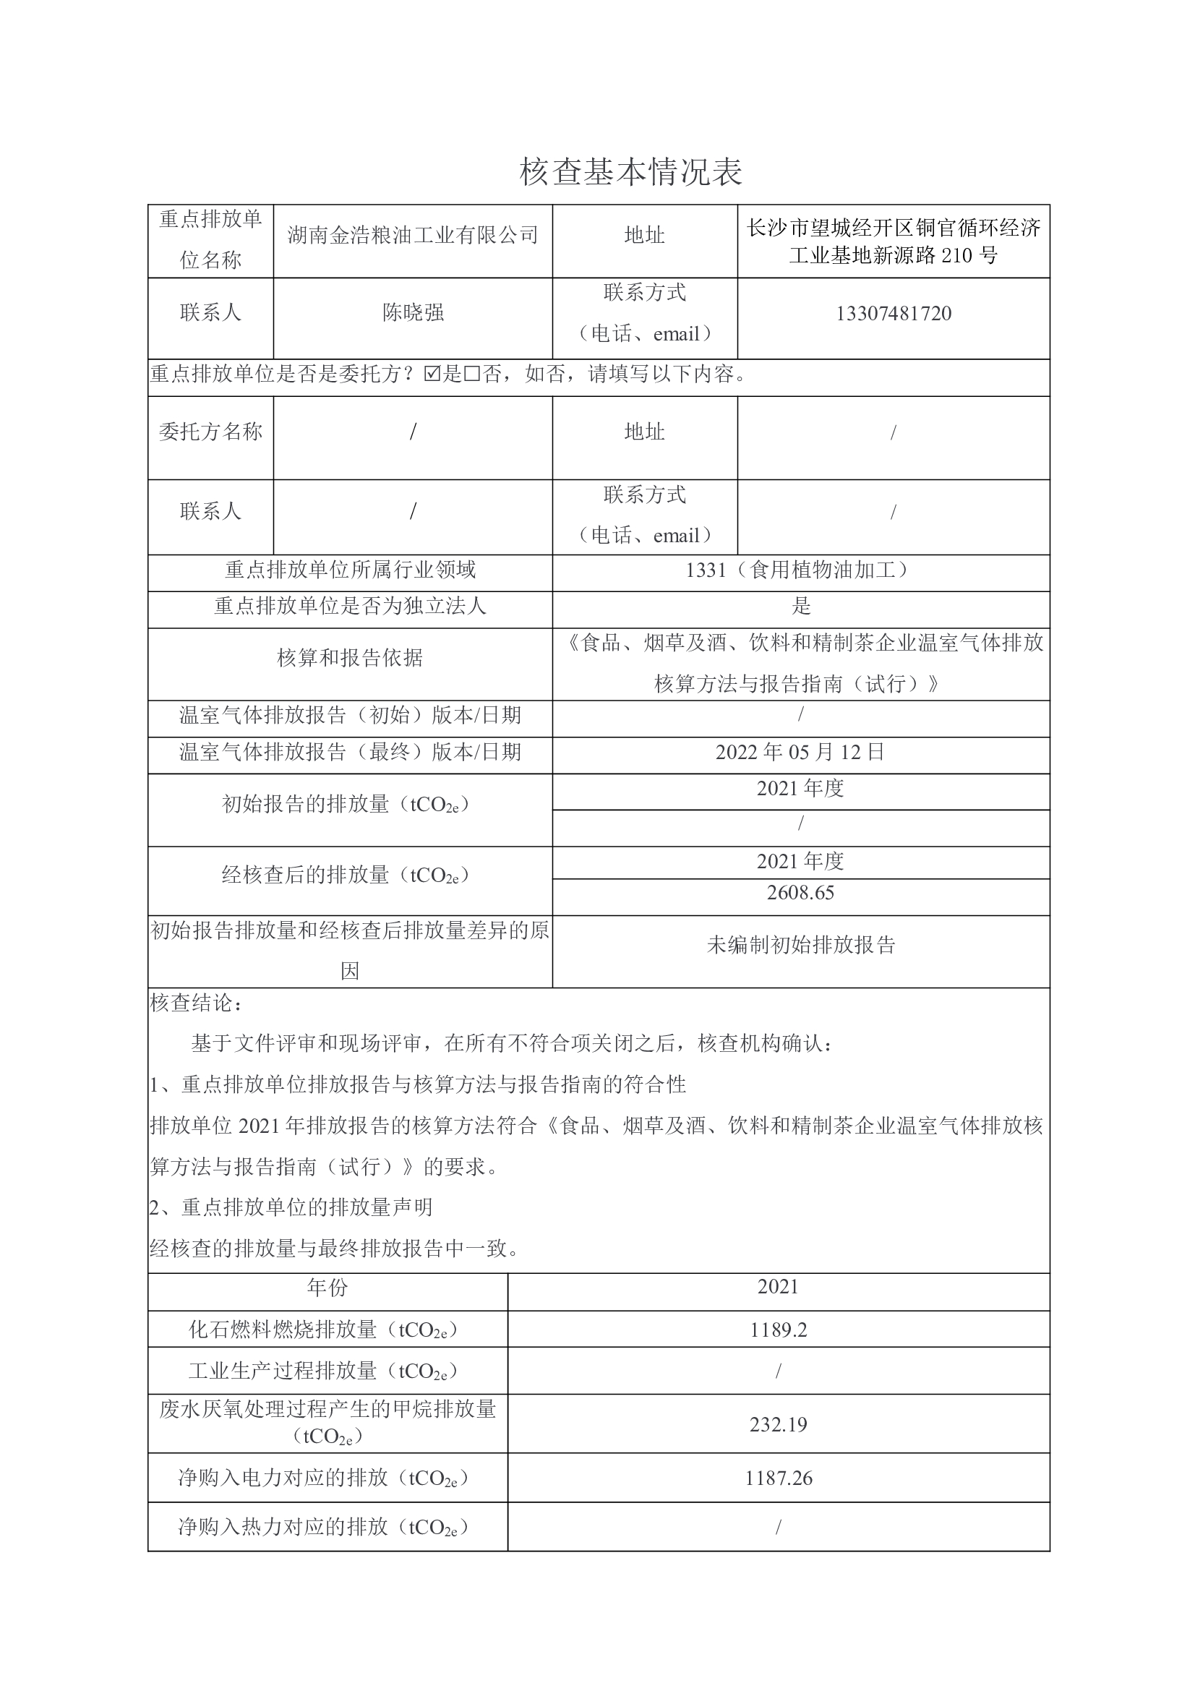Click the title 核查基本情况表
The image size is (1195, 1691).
pos(630,171)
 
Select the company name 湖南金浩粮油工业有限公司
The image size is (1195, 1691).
pos(412,236)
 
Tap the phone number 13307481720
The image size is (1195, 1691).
pos(893,314)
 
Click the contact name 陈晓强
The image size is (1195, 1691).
pos(412,313)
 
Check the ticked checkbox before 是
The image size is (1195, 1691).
pos(432,374)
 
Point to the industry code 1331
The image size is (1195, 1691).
pos(706,570)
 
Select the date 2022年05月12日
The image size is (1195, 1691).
pos(800,752)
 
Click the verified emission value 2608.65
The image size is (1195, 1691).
pos(800,893)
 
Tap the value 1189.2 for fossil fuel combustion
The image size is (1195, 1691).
pos(779,1330)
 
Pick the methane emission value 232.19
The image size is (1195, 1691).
pos(779,1424)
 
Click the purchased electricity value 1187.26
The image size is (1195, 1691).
pos(779,1478)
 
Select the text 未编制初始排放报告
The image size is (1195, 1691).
pos(800,945)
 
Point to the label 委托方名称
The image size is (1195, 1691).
pos(210,432)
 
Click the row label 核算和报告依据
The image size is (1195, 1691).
pos(350,658)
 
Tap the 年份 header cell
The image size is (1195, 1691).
pos(327,1288)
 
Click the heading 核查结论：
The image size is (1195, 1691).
pos(196,1003)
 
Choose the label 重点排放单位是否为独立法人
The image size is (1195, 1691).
pos(350,606)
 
